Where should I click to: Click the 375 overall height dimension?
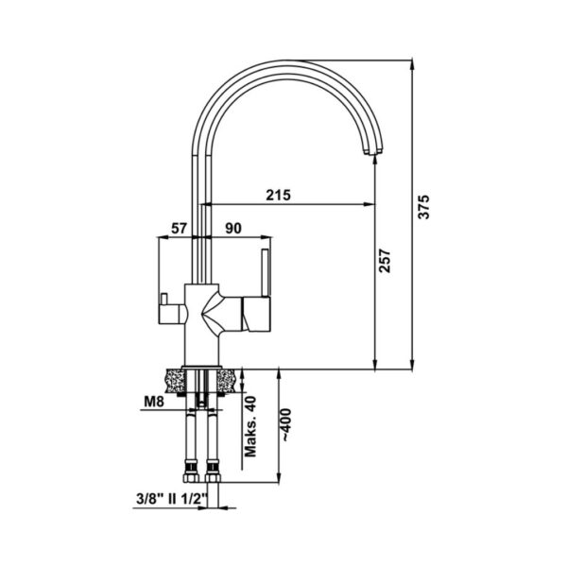[423, 206]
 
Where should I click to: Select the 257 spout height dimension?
[385, 261]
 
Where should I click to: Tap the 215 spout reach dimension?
[279, 195]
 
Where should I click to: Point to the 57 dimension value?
[179, 229]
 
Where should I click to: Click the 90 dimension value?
[233, 229]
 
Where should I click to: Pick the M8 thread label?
[154, 401]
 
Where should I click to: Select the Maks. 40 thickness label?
[250, 427]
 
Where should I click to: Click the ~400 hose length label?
[285, 424]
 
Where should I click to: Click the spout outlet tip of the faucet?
[371, 151]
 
